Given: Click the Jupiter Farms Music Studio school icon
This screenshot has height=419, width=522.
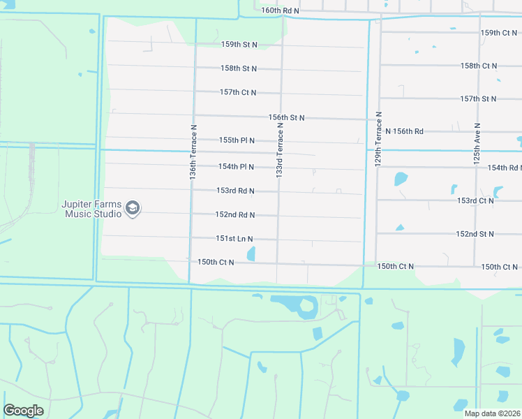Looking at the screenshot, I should click(133, 207).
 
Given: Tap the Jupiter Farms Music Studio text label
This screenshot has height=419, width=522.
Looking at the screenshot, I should click(92, 209).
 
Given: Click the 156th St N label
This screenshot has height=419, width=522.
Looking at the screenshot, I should click(286, 118).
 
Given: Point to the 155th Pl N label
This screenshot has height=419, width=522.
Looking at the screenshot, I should click(237, 140).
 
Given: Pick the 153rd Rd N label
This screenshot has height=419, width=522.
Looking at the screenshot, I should click(234, 191).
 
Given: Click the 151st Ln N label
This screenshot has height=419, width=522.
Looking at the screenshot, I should click(234, 239).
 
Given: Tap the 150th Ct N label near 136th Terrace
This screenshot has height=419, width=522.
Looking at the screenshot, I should click(215, 263).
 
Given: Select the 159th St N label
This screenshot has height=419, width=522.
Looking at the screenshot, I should click(239, 45).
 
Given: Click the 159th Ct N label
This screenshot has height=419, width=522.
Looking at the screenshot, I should click(499, 33).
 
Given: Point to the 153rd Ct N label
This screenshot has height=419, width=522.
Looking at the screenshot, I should click(475, 200).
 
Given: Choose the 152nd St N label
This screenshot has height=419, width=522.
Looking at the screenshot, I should click(475, 234).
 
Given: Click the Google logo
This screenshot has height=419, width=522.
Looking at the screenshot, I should click(23, 411).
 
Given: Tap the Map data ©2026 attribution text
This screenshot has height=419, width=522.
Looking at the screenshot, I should click(492, 413).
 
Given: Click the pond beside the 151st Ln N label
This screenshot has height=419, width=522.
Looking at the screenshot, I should click(251, 254).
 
